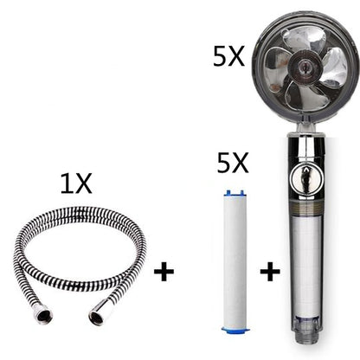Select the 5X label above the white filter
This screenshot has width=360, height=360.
tap(235, 162)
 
